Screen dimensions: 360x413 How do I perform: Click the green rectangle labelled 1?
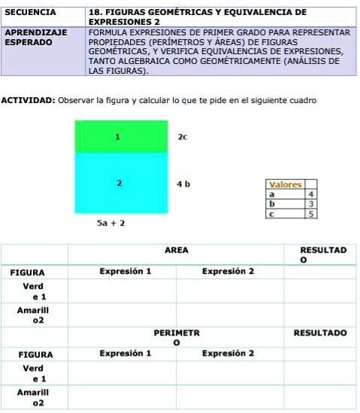click(x=121, y=136)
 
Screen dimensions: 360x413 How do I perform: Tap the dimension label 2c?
click(x=182, y=138)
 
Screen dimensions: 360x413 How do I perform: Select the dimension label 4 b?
click(x=183, y=184)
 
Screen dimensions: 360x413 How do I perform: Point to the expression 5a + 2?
click(x=111, y=223)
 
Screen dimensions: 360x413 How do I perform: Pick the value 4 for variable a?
click(x=310, y=194)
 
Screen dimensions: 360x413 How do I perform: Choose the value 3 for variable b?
click(x=310, y=204)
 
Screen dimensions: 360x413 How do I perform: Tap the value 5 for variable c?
click(x=310, y=214)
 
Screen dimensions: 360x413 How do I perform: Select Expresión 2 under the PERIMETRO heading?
click(x=228, y=353)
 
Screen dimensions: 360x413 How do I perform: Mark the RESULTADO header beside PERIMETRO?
click(x=319, y=332)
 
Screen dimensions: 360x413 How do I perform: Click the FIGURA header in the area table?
click(x=32, y=272)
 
